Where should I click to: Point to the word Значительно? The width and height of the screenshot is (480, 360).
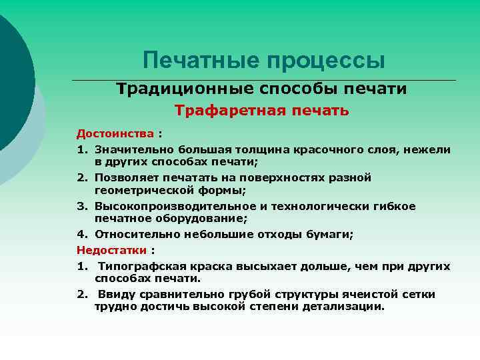[x=128, y=149]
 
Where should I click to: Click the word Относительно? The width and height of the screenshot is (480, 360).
[x=130, y=234]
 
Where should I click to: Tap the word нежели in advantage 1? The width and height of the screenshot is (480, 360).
[x=431, y=149]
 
